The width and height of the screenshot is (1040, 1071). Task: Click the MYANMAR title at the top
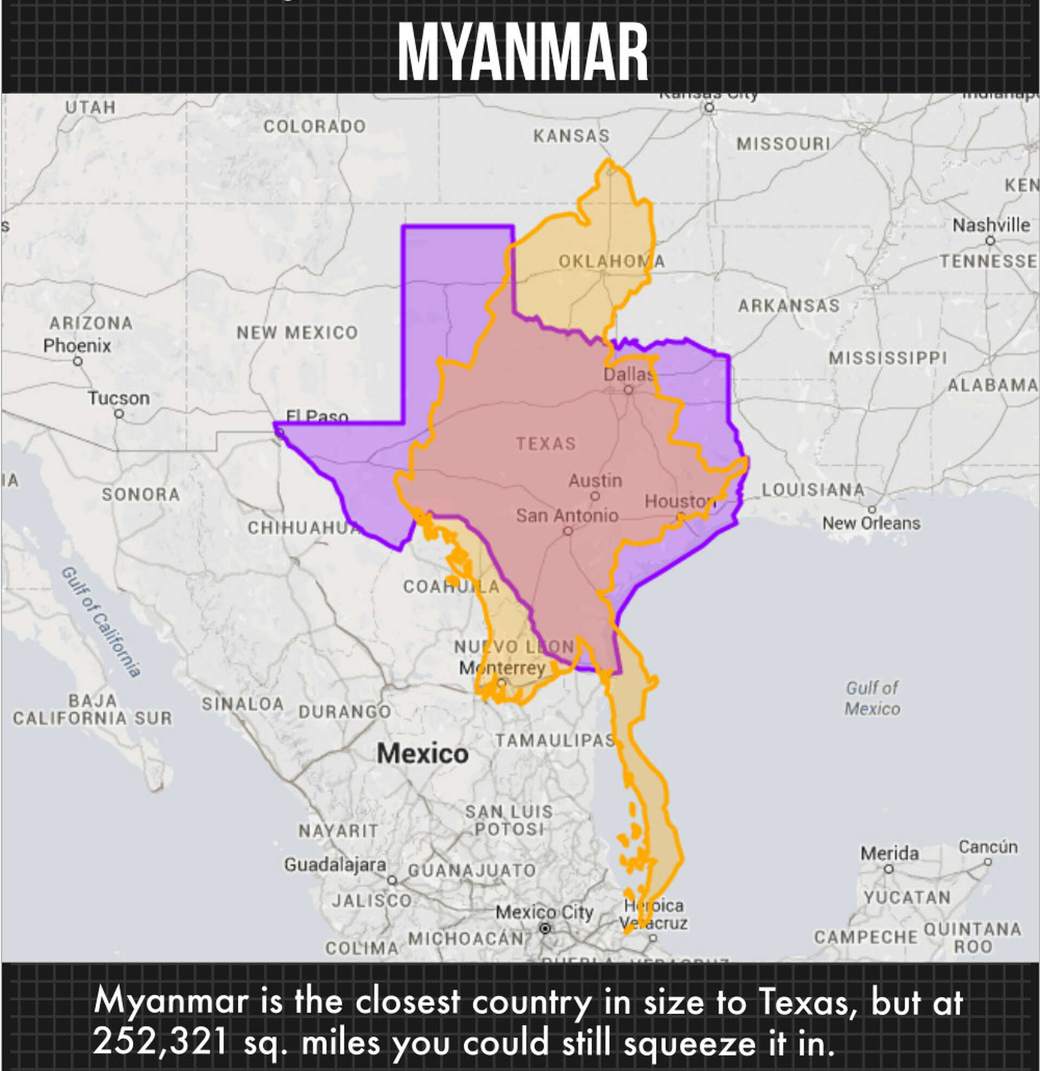[x=523, y=53]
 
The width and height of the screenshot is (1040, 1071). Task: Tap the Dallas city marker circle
[x=628, y=390]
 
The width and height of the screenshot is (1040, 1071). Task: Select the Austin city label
[x=595, y=481]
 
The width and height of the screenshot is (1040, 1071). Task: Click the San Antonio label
[x=567, y=515]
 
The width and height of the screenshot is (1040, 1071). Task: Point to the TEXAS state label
[x=546, y=443]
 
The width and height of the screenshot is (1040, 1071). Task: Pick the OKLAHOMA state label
[x=612, y=262]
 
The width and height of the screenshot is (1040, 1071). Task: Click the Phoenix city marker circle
[x=78, y=361]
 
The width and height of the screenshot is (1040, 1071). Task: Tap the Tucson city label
[x=119, y=398]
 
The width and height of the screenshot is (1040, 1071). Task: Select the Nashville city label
[x=991, y=225]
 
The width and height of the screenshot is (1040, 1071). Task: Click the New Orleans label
[x=871, y=524]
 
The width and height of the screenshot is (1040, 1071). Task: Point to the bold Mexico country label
[x=422, y=754]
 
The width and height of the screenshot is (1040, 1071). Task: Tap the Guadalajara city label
[x=335, y=865]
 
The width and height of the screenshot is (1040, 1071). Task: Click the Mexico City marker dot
[x=545, y=929]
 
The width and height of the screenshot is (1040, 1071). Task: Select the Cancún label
[x=987, y=847]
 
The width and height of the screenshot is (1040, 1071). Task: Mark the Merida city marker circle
[x=889, y=868]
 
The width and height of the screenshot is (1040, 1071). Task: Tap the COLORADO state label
[x=314, y=127]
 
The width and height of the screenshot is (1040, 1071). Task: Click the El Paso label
[x=317, y=417]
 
